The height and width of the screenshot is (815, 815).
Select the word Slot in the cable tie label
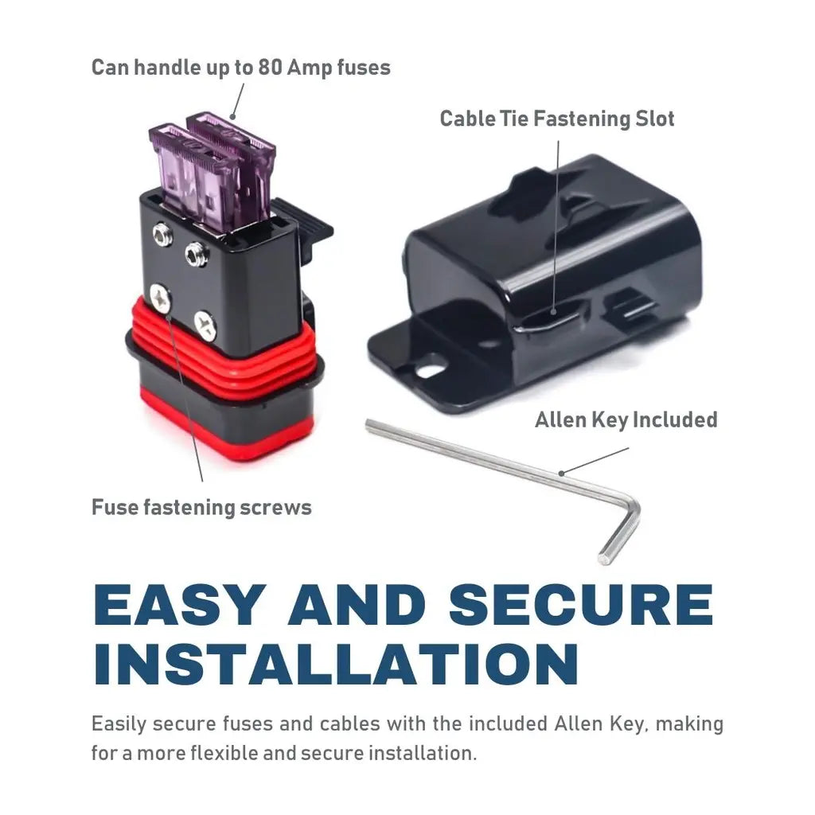[655, 119]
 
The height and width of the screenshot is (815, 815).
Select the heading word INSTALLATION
[336, 665]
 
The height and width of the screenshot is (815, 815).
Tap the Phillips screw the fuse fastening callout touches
[161, 298]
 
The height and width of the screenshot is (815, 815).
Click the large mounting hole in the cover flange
[427, 371]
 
